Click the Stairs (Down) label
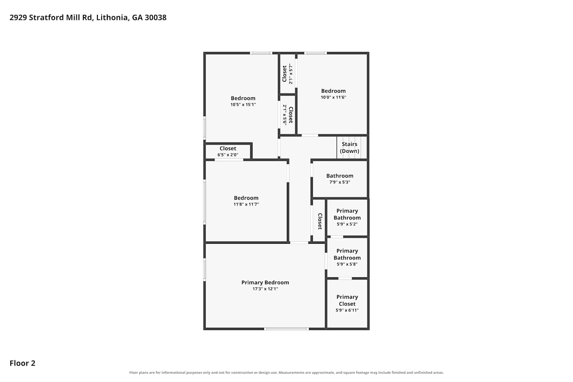click(350, 147)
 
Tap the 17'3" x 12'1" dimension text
click(265, 289)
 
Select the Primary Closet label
click(347, 300)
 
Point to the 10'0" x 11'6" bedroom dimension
click(333, 97)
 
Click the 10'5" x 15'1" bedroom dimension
click(243, 104)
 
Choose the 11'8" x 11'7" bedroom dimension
click(246, 204)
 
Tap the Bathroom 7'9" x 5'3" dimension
click(340, 182)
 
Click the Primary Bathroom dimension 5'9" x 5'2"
click(347, 224)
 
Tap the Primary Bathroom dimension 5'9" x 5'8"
click(347, 264)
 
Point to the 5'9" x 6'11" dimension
click(347, 310)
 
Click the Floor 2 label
click(23, 363)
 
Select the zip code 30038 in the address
click(155, 18)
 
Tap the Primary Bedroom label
click(265, 282)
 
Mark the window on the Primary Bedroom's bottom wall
click(286, 329)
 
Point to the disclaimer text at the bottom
click(286, 372)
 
